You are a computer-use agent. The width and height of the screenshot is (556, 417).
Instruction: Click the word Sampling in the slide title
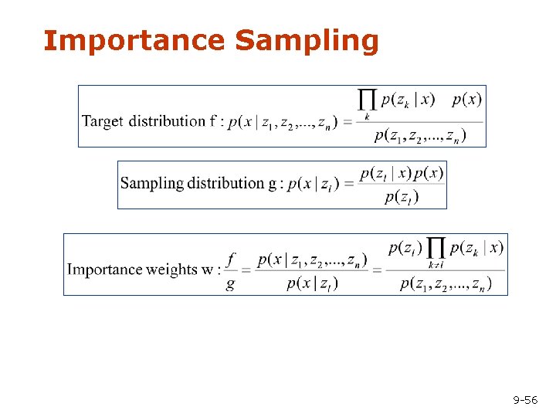click(x=307, y=41)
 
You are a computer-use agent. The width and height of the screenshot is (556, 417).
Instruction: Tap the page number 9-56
click(x=525, y=400)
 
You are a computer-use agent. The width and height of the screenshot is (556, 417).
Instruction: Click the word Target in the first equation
click(x=103, y=121)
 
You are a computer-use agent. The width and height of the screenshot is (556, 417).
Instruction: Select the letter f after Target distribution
click(x=212, y=121)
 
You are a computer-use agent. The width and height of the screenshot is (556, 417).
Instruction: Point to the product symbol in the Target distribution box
click(x=368, y=100)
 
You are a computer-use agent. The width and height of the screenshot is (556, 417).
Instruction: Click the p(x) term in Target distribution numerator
click(x=466, y=99)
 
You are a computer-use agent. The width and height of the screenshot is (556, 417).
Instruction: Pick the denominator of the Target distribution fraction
click(x=419, y=136)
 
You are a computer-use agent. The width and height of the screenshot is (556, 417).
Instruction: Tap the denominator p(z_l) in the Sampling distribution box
click(x=402, y=197)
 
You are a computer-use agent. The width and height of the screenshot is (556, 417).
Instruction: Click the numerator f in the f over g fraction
click(x=231, y=258)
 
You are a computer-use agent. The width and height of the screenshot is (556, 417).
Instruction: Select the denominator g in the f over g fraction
click(x=230, y=283)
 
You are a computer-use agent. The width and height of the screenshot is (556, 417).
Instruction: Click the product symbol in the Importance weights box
click(x=436, y=249)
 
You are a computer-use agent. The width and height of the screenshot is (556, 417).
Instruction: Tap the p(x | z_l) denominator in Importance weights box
click(x=312, y=284)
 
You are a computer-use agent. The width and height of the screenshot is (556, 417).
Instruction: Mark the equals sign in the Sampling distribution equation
click(x=349, y=185)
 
